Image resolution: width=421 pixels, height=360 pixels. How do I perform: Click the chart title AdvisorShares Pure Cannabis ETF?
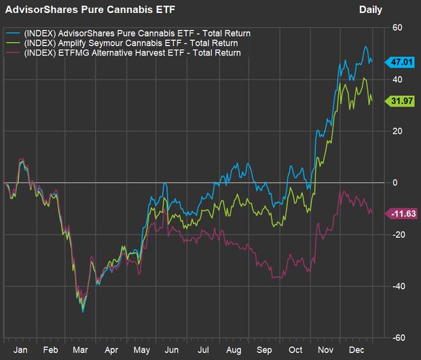[x=90, y=10]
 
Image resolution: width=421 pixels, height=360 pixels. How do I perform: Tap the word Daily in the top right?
[x=371, y=10]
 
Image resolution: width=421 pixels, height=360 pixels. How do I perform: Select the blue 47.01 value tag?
[x=399, y=62]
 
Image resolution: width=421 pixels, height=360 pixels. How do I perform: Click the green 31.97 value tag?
[x=399, y=101]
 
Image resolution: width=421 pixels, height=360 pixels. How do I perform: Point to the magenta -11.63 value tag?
[x=401, y=214]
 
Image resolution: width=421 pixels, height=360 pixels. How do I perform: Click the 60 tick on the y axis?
[x=397, y=27]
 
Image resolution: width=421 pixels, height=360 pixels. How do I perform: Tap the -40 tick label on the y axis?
[x=399, y=286]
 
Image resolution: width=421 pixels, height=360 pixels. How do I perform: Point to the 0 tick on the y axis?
[x=395, y=183]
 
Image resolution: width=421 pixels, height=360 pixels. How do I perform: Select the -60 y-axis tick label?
[x=399, y=338]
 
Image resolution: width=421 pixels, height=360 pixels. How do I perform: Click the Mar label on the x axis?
[x=80, y=350]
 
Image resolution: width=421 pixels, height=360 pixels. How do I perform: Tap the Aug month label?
[x=234, y=350]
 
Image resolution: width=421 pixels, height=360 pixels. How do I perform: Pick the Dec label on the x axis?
[x=356, y=350]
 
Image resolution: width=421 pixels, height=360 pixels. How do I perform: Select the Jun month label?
[x=172, y=350]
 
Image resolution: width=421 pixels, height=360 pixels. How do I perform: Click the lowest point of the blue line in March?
[x=83, y=312]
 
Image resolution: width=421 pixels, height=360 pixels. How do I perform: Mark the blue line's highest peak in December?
[x=365, y=47]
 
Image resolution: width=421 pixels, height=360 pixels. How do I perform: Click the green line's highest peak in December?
[x=364, y=78]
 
